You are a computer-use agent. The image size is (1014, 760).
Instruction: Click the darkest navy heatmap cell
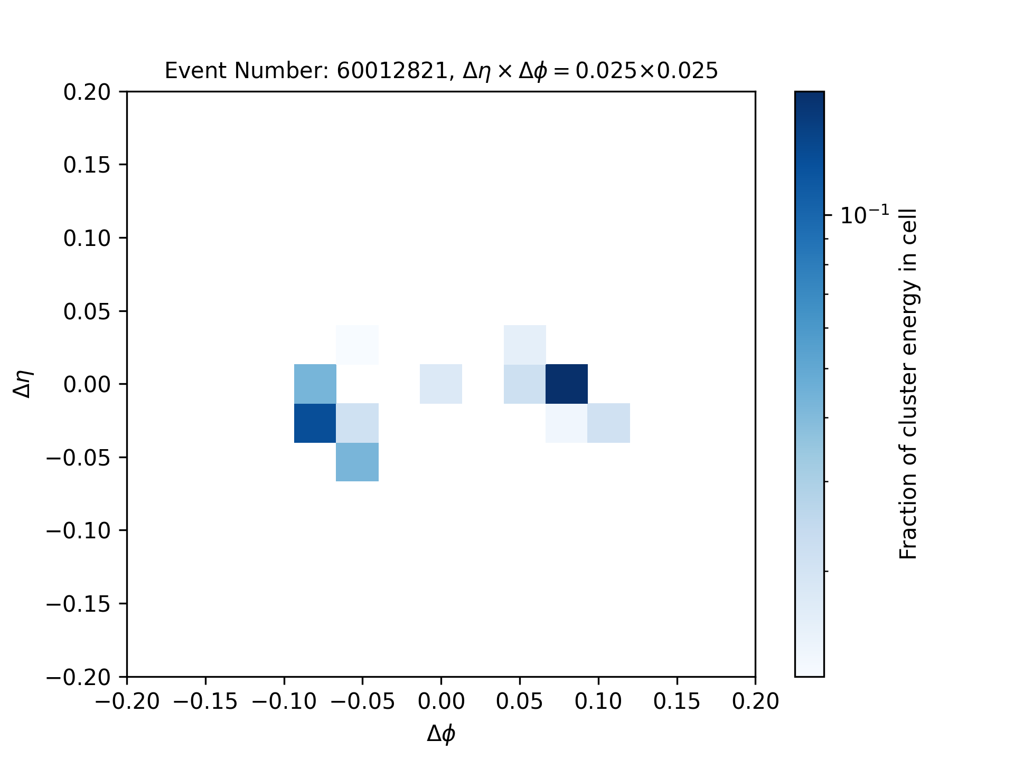click(567, 384)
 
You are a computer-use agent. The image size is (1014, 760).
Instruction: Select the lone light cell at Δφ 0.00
click(441, 384)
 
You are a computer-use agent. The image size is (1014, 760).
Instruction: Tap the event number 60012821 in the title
click(392, 71)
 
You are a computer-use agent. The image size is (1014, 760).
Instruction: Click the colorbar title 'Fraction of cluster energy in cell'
click(908, 384)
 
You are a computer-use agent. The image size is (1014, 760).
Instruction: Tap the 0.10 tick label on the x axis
click(598, 702)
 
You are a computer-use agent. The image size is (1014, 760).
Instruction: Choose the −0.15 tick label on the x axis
click(205, 702)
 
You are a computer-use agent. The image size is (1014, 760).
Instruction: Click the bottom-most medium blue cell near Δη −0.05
click(358, 462)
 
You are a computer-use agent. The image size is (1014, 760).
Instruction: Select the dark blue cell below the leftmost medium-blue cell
click(315, 423)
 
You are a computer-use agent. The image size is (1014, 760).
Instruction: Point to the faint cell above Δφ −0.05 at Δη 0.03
click(358, 345)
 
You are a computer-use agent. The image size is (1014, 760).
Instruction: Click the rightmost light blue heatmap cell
click(609, 423)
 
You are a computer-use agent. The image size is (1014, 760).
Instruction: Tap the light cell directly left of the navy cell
click(525, 384)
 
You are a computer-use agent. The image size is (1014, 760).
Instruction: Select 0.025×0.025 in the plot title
click(646, 71)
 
